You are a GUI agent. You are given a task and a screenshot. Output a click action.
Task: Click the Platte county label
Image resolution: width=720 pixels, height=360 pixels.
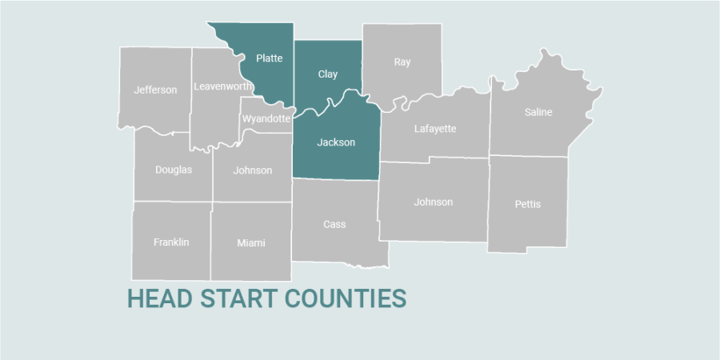[x=269, y=58]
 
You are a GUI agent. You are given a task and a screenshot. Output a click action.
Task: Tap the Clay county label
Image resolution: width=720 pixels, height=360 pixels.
[x=328, y=74]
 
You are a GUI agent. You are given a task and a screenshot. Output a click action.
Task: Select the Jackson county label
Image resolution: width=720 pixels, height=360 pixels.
[x=336, y=142]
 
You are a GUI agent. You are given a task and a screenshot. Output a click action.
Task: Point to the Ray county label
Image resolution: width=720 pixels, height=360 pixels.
[x=402, y=62]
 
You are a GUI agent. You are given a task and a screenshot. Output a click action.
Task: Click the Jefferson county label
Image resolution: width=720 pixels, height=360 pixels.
[x=156, y=90]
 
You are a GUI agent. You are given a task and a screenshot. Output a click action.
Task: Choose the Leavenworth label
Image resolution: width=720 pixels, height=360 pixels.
[x=223, y=86]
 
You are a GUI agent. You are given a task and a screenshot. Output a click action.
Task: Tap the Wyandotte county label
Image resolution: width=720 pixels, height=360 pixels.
[x=266, y=118]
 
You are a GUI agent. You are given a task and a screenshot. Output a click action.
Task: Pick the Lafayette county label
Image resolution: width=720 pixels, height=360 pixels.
[x=435, y=128]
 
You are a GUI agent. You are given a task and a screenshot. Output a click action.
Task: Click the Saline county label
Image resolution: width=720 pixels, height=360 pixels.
[x=538, y=112]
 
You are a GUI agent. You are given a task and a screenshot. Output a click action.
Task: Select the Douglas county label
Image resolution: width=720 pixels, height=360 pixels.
[x=174, y=170]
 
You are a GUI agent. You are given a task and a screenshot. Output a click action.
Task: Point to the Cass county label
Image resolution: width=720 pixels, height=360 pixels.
[x=334, y=224]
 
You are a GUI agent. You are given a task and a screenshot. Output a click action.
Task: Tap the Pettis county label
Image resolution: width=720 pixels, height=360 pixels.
[x=528, y=204]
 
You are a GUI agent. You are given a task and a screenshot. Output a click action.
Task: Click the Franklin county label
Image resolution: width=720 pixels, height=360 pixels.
[x=171, y=242]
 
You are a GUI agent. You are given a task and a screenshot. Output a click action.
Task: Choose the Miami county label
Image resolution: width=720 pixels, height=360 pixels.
[x=251, y=243]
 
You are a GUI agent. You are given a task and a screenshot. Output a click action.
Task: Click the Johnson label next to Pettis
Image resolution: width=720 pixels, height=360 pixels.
[x=434, y=202]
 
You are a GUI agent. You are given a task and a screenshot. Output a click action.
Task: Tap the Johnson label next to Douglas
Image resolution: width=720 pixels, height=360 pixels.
[x=253, y=170]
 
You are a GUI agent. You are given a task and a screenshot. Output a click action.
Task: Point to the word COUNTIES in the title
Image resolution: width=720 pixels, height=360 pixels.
[x=346, y=298]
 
